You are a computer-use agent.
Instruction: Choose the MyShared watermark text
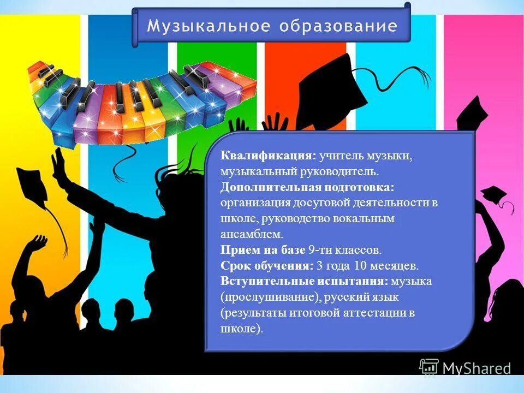coord(477,368)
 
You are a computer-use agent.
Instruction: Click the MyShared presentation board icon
coord(428,367)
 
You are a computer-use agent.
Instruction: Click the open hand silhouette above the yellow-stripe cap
coord(62,164)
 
